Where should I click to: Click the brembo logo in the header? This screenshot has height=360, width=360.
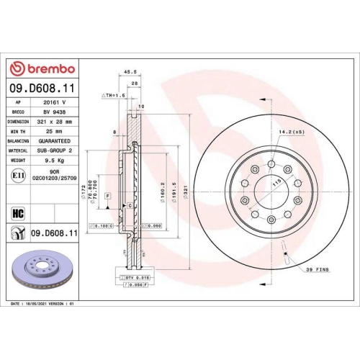click(x=41, y=68)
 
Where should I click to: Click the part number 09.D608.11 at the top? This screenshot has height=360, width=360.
click(x=42, y=89)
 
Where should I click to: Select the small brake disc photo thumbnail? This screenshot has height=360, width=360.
click(x=40, y=274)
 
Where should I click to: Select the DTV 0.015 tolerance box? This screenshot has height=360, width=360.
click(x=135, y=276)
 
